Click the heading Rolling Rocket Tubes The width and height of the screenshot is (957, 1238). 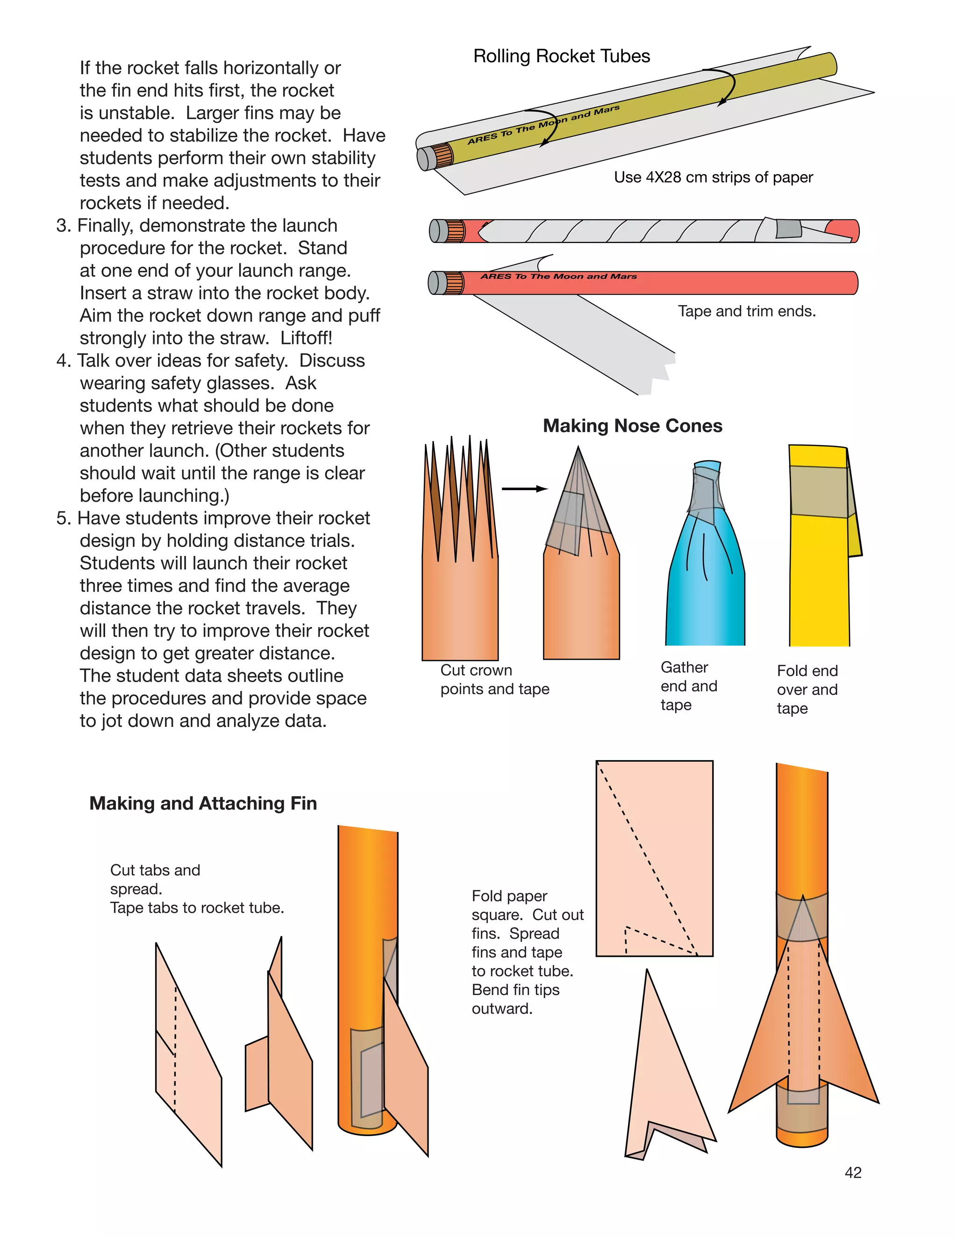click(x=561, y=56)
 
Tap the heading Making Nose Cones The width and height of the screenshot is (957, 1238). click(x=632, y=426)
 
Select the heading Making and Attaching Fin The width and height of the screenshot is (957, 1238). click(x=203, y=803)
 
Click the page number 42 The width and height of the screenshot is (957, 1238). click(x=853, y=1172)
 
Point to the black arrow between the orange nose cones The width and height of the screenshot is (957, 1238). click(x=524, y=489)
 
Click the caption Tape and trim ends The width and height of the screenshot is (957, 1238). click(x=747, y=311)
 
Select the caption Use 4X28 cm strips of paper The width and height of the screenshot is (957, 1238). click(x=713, y=178)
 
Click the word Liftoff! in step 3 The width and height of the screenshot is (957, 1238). click(x=306, y=338)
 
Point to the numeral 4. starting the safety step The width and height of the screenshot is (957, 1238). click(x=64, y=361)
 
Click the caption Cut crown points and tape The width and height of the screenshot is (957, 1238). click(x=494, y=680)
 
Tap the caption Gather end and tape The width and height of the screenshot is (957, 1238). click(x=688, y=686)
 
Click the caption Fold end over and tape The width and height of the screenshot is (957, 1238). click(x=807, y=689)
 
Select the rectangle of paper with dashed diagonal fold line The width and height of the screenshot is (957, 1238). click(x=654, y=858)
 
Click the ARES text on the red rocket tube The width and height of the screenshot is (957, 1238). click(x=558, y=277)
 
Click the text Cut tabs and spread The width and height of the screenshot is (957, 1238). click(x=155, y=879)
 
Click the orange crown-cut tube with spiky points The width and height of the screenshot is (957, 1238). click(x=460, y=567)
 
